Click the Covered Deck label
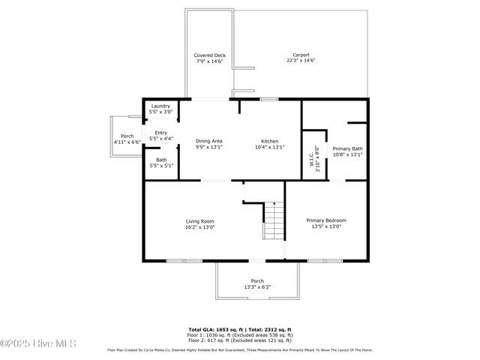pos(209,55)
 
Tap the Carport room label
pos(300,55)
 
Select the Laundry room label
pos(160,106)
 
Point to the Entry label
pos(160,133)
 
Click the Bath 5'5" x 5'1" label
pos(161,160)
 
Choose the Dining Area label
pos(209,141)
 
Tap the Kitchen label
pos(270,141)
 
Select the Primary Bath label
pos(347,148)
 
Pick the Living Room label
pos(200,221)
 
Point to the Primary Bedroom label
pos(326,220)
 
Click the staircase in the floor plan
pos(274,221)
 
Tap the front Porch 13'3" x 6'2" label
pos(257,281)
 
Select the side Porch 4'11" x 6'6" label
pos(127,136)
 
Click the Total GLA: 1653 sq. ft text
pos(212,329)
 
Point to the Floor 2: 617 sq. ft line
pos(239,340)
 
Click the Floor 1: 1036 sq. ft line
pos(239,335)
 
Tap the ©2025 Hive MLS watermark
pos(39,344)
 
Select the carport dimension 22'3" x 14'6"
pos(300,61)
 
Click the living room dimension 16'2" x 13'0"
pos(200,227)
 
